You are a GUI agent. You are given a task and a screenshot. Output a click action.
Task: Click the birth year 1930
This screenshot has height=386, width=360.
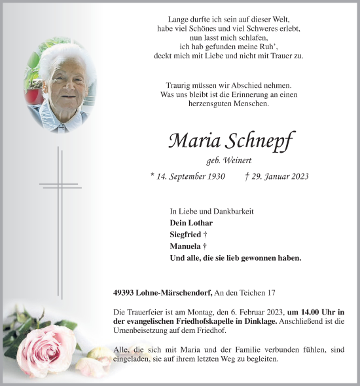pyautogui.click(x=214, y=176)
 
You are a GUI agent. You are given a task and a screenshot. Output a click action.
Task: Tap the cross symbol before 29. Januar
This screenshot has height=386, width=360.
pyautogui.click(x=246, y=176)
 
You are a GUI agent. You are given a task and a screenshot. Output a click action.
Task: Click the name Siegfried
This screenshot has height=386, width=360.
pyautogui.click(x=185, y=235)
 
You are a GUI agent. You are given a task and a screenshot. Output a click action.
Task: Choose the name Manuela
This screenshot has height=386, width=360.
pyautogui.click(x=184, y=246)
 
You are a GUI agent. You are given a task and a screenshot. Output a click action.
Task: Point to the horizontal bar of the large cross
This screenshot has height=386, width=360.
pyautogui.click(x=60, y=185)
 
